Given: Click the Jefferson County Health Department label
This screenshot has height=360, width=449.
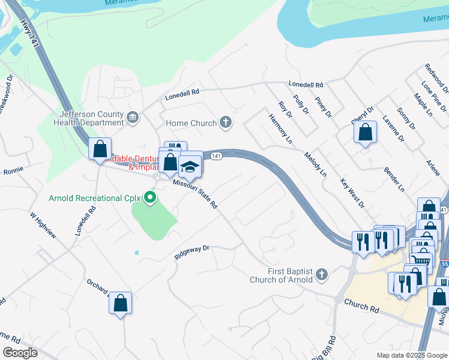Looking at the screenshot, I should click(x=92, y=118).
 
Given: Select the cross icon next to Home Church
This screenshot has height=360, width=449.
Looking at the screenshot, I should click(x=226, y=123).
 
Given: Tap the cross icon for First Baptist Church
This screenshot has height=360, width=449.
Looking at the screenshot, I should click(x=322, y=275).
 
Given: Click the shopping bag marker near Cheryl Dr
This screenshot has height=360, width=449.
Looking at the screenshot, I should click(x=365, y=132).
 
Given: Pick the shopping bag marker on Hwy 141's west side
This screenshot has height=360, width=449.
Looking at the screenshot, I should click(x=100, y=149).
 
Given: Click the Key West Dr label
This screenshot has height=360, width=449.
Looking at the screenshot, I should click(x=352, y=193).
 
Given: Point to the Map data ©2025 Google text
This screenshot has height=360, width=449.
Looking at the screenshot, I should click(x=412, y=355).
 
